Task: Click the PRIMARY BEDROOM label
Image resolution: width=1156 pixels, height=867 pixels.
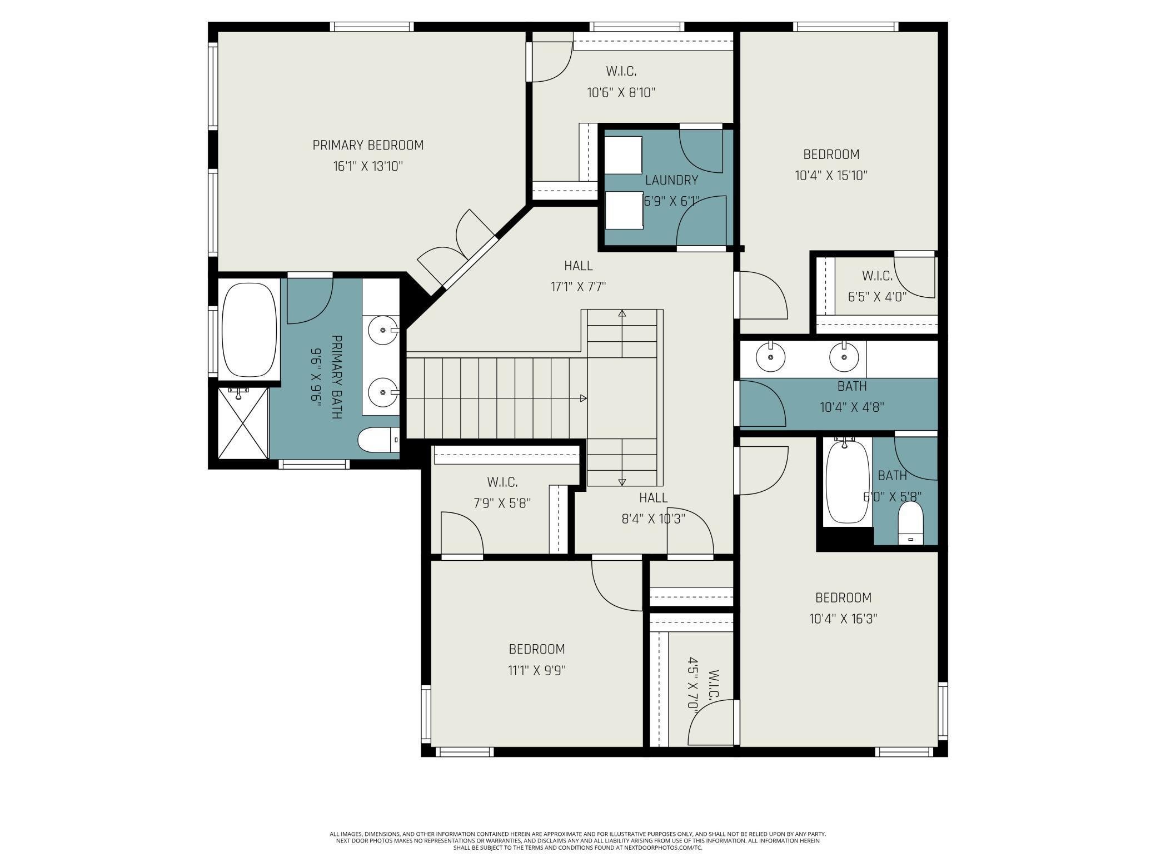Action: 368,145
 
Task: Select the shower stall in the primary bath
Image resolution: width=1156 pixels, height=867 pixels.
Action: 243,423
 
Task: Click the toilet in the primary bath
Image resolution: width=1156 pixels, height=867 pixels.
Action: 378,440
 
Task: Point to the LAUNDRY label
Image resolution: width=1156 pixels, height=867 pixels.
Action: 671,180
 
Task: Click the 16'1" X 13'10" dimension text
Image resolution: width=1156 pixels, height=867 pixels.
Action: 368,166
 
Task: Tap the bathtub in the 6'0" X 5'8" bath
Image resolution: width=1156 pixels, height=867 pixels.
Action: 848,481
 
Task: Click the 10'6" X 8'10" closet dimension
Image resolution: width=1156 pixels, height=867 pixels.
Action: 621,92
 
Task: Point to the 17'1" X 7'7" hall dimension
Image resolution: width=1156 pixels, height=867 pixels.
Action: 578,287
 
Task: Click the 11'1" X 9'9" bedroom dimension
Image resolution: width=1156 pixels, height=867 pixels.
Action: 537,670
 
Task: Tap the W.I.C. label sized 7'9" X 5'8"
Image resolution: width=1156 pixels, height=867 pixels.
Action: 502,482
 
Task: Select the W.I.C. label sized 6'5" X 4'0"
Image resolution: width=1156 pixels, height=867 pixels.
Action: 877,276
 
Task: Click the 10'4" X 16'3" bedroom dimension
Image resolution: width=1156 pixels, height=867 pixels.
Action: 843,619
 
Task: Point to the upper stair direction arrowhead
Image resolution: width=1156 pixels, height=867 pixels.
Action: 622,313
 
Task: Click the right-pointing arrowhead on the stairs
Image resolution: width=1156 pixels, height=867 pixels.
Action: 584,398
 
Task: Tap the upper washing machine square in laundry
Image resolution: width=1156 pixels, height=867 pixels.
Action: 623,155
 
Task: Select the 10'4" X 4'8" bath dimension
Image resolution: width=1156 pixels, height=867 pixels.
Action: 852,407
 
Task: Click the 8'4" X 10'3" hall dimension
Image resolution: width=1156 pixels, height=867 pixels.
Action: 653,519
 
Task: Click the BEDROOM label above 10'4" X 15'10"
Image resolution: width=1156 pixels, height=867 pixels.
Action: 831,155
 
